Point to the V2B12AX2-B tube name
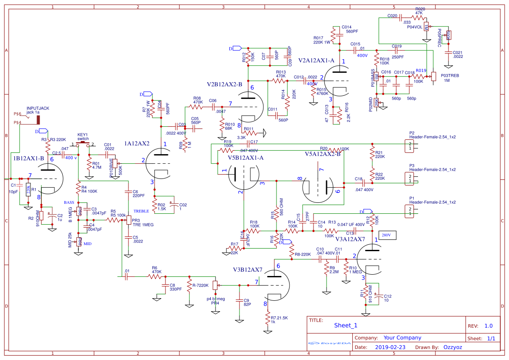click(224, 84)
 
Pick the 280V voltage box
click(387, 236)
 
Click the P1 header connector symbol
click(410, 211)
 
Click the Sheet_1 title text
click(346, 325)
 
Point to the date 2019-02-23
click(390, 347)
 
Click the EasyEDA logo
click(329, 343)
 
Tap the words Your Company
click(402, 338)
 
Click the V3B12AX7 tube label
click(247, 270)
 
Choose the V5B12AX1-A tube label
click(246, 158)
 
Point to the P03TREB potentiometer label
click(450, 75)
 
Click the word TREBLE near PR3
click(141, 211)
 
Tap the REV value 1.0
click(489, 326)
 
